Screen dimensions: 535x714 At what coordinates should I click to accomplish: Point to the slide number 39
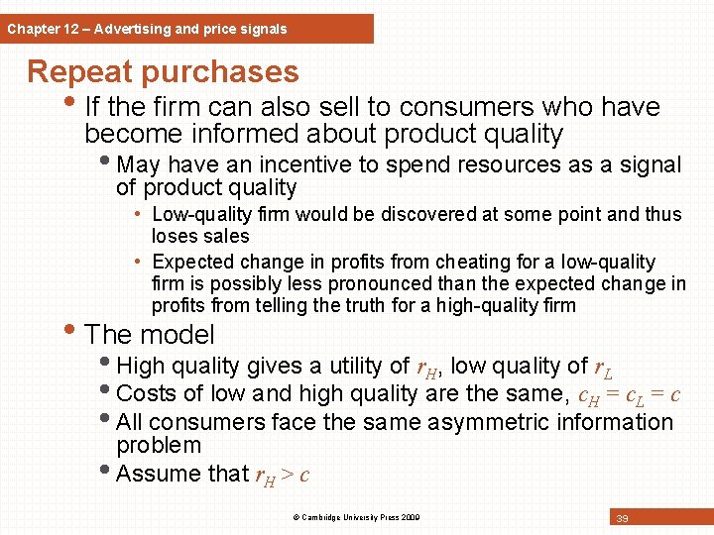623,518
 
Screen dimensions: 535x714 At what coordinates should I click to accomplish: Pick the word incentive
305,164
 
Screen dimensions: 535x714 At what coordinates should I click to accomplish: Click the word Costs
147,393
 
